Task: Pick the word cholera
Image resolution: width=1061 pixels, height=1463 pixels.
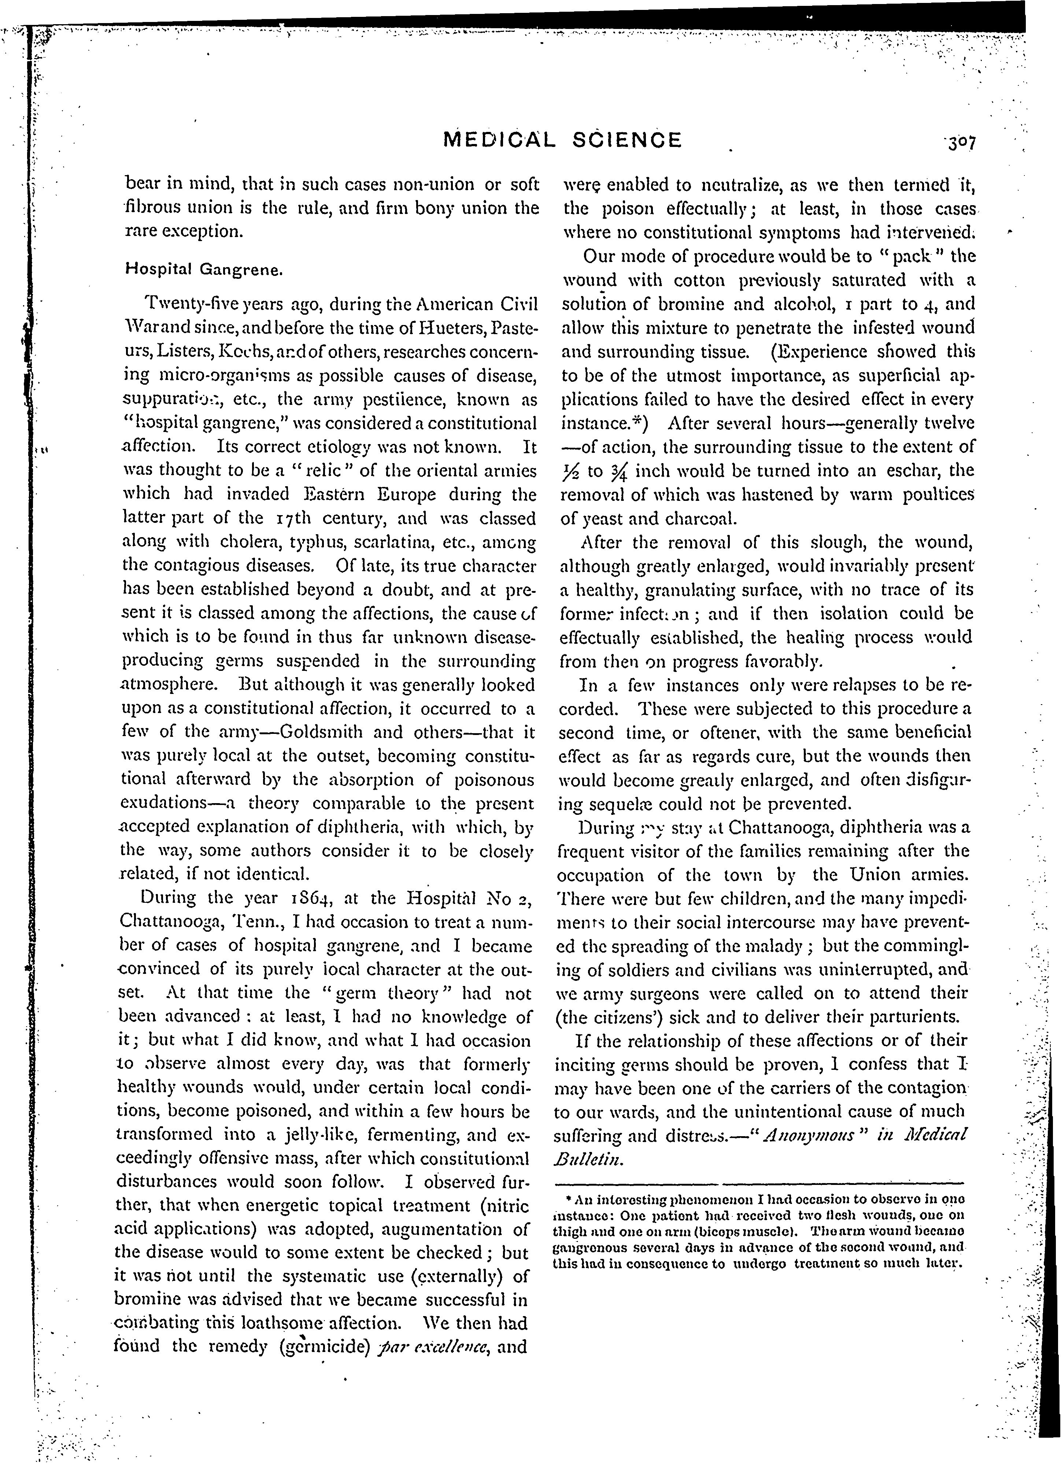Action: point(234,542)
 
